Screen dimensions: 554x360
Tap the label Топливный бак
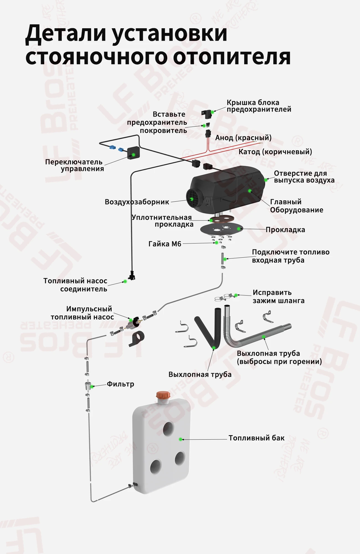[256, 438]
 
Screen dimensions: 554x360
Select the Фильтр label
[120, 384]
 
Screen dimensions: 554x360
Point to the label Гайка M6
[165, 244]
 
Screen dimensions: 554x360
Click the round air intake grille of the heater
[192, 198]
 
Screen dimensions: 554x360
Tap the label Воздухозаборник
[137, 202]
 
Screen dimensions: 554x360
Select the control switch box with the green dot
[133, 153]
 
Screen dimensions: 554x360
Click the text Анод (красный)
[243, 138]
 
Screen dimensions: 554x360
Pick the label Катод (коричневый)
[275, 152]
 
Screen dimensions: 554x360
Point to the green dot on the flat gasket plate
[239, 229]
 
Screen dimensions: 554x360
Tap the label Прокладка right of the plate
[285, 230]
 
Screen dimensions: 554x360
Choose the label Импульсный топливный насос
[82, 313]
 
